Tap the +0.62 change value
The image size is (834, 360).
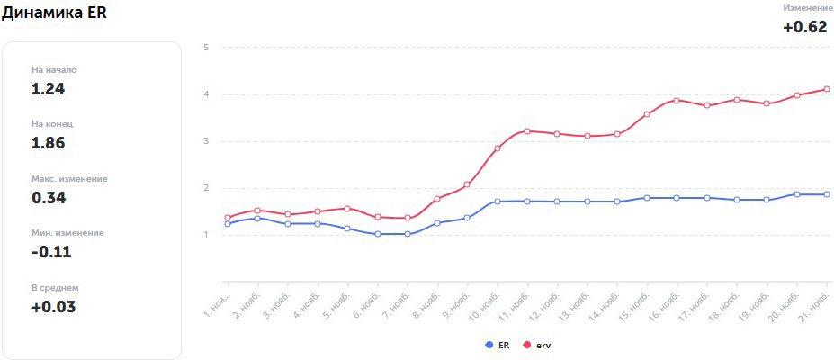point(804,27)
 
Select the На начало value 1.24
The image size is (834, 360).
point(49,89)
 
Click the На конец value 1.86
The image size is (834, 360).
point(49,143)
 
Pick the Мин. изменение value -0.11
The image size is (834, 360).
point(51,252)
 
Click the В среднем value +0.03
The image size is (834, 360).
point(53,307)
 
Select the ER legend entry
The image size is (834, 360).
point(498,345)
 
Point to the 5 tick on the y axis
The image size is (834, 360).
point(206,47)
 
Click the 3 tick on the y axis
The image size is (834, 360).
point(206,141)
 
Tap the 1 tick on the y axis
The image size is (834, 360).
point(206,235)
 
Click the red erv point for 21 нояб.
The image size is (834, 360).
point(826,89)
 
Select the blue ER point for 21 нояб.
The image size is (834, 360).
point(826,194)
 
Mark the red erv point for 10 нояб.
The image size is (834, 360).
point(498,148)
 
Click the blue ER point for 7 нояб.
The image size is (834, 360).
point(408,234)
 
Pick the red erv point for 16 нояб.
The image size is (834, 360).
point(677,101)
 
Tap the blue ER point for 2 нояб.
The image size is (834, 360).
point(257,219)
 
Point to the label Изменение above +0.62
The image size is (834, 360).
point(807,8)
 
